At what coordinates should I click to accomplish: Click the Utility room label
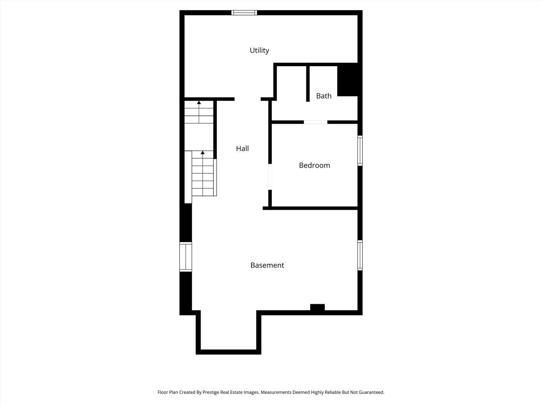(x=259, y=50)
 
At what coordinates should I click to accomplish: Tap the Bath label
(x=324, y=95)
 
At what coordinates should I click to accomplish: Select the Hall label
(x=242, y=148)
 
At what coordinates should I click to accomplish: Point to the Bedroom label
(x=314, y=165)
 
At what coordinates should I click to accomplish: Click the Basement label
(x=267, y=265)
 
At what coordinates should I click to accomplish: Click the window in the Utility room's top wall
(x=244, y=13)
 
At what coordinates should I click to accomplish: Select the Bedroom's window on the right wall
(x=360, y=150)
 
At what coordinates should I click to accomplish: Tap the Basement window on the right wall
(x=360, y=255)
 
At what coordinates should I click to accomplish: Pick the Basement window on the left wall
(x=186, y=257)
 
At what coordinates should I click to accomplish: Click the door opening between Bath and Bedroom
(x=315, y=122)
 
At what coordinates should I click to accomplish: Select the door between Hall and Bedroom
(x=270, y=177)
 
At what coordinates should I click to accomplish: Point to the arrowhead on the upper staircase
(x=199, y=102)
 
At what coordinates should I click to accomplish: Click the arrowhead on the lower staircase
(x=202, y=153)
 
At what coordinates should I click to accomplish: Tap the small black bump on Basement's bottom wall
(x=317, y=307)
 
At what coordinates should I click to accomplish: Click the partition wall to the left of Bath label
(x=308, y=83)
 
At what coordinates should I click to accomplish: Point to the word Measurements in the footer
(x=276, y=392)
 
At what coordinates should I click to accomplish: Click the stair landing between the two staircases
(x=199, y=137)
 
